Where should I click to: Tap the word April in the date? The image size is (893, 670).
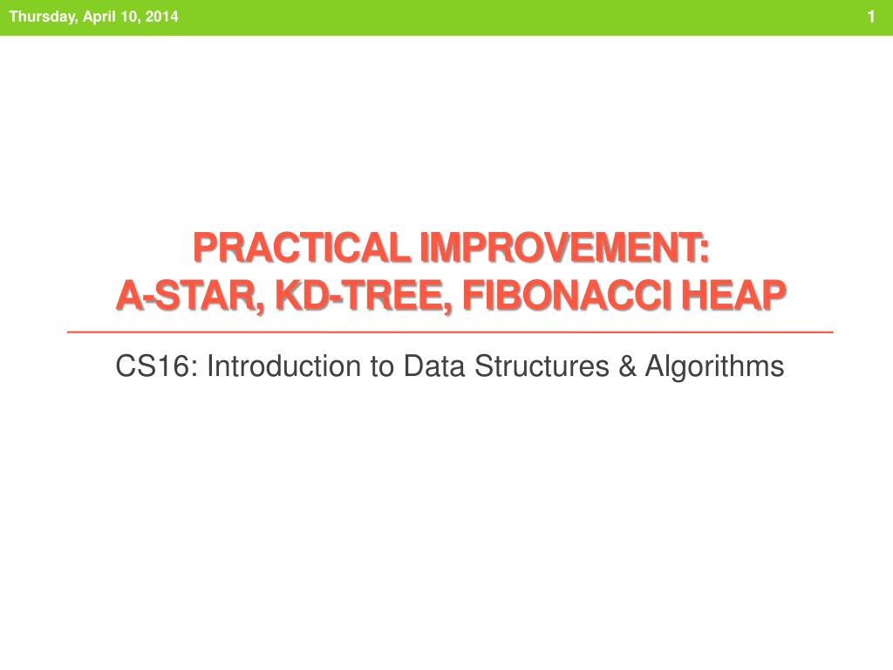99,17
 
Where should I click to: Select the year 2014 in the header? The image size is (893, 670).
161,16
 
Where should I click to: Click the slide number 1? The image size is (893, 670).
871,17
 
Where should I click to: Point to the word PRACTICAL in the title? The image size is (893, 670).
302,248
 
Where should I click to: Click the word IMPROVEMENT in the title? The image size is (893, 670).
559,248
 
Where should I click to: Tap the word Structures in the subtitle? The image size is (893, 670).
542,366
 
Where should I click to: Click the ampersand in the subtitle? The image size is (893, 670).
628,366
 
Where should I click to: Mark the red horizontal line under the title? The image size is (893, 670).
450,332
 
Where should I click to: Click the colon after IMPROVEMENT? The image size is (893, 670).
705,251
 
